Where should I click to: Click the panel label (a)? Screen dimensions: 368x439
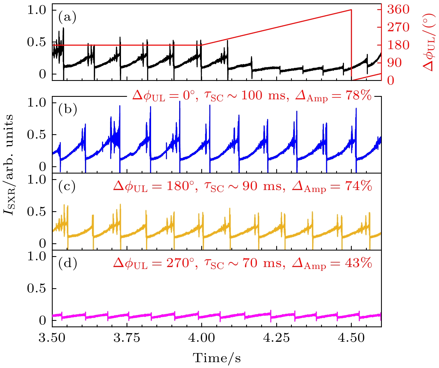(67, 18)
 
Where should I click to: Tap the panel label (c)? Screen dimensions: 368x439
(67, 186)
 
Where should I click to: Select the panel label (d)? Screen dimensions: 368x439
(67, 263)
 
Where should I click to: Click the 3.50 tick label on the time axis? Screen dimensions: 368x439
(52, 338)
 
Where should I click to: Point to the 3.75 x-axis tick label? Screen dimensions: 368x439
(127, 338)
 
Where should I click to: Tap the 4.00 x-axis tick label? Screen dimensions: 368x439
(202, 338)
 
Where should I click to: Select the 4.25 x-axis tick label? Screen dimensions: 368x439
(277, 338)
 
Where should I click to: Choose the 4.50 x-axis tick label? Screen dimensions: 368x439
(351, 338)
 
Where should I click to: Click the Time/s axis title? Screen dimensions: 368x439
(217, 358)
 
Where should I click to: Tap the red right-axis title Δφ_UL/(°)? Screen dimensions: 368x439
(429, 42)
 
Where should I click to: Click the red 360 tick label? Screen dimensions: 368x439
(398, 10)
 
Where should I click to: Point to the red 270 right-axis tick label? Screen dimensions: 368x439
(398, 27)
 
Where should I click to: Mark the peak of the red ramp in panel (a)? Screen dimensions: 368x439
(351, 10)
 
